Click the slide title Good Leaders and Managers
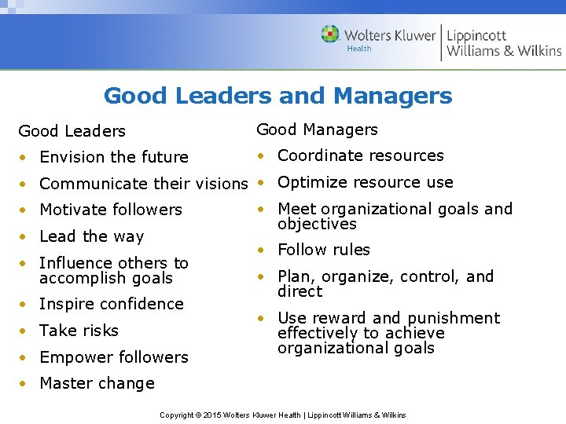point(277,96)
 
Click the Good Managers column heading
point(317,130)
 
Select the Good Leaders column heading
point(72,131)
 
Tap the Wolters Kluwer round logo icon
point(330,35)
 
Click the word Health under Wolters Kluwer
point(359,49)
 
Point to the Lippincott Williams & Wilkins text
point(503,42)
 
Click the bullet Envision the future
point(113,157)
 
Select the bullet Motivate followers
point(110,210)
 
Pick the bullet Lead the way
point(91,236)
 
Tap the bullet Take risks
point(79,331)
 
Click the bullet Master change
point(97,383)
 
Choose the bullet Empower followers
point(113,357)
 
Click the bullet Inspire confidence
point(111,304)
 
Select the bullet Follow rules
point(323,250)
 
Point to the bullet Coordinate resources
point(360,155)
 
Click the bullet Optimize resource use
point(365,182)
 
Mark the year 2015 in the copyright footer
point(213,415)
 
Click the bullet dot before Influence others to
point(24,263)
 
